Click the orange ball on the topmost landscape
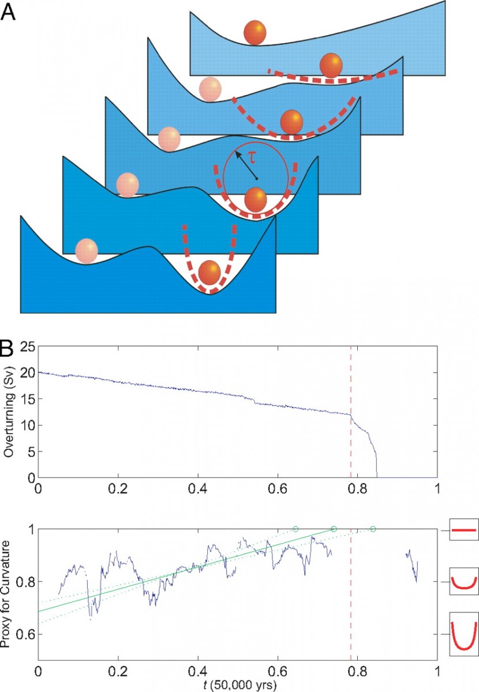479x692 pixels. coord(255,33)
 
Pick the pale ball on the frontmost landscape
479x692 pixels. coord(87,251)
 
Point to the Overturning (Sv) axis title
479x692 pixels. coord(9,412)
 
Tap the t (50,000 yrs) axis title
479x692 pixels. coord(238,684)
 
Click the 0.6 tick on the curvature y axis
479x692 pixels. coord(24,635)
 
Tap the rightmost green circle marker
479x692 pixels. coord(373,529)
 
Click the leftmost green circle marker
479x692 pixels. coord(295,529)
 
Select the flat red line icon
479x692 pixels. coord(463,529)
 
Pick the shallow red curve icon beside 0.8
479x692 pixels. coord(463,582)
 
